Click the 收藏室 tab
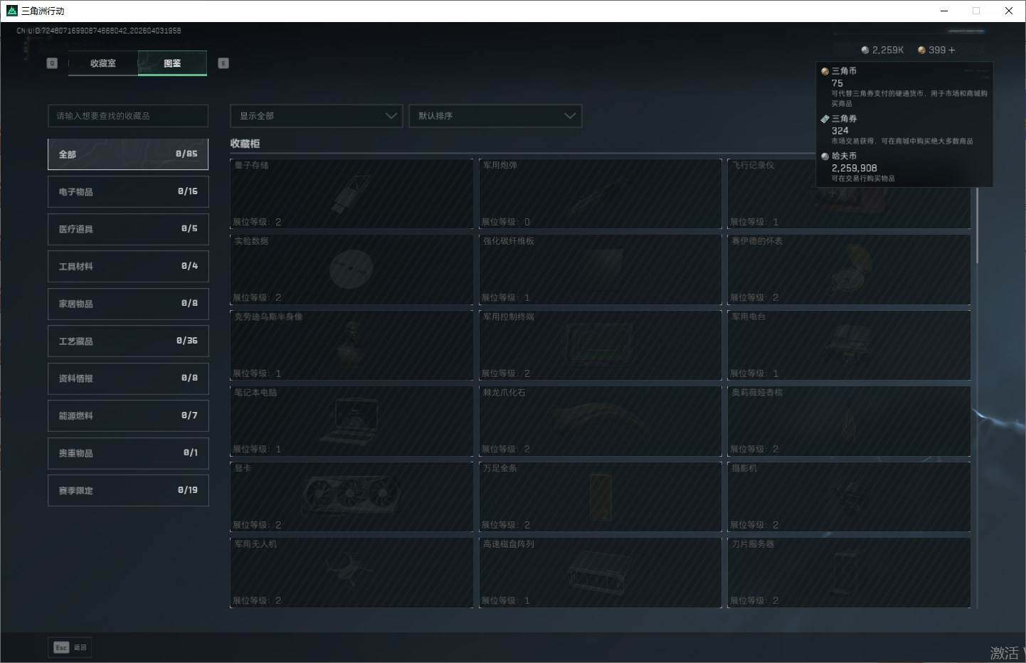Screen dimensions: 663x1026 (103, 63)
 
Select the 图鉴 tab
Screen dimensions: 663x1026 (172, 63)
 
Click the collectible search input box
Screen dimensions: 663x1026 (128, 116)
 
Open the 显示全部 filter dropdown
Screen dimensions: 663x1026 (316, 116)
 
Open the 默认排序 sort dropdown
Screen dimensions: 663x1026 (495, 116)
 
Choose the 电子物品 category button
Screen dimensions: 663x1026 (128, 192)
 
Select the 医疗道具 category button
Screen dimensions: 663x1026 (128, 229)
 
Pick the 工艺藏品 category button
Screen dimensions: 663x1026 (128, 341)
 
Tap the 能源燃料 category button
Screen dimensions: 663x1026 (128, 415)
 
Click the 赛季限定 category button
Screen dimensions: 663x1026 (128, 491)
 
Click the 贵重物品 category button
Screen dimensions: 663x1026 (128, 453)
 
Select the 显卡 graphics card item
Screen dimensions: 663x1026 (351, 497)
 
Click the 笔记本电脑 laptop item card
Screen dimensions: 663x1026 (351, 420)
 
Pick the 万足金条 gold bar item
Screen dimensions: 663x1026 (600, 497)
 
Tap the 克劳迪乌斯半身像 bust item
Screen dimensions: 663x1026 (351, 345)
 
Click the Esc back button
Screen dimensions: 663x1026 (70, 647)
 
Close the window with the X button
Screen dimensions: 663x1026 (1008, 11)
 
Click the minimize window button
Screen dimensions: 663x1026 (944, 11)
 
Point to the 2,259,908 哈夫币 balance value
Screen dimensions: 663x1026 (854, 169)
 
